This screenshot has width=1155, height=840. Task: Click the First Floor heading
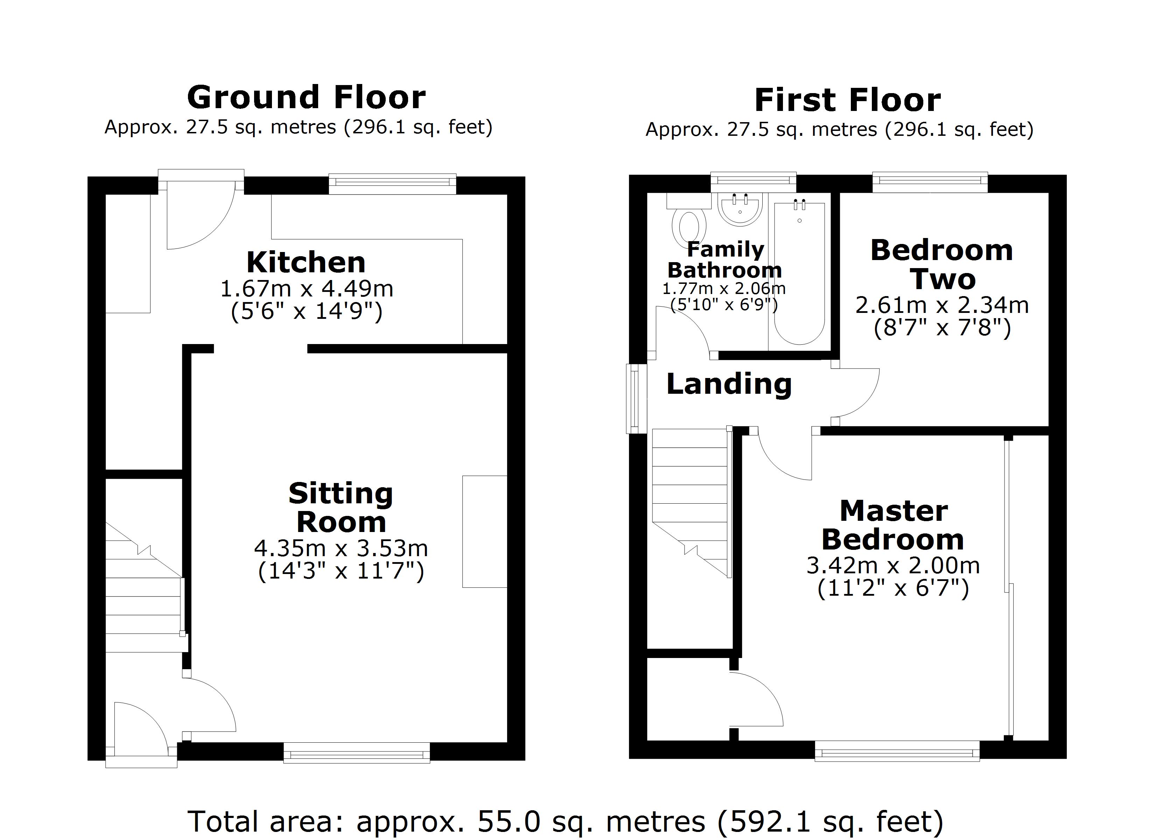tap(847, 100)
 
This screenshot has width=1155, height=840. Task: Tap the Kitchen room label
tap(306, 263)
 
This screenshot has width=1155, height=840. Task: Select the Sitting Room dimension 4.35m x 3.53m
tap(341, 548)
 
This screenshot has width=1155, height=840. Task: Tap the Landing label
tap(729, 384)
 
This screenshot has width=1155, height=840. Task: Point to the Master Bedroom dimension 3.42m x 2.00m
tap(893, 566)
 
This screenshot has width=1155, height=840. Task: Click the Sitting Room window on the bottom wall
tap(357, 752)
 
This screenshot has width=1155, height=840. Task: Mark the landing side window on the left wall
tap(635, 398)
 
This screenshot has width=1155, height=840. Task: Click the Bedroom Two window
tap(930, 182)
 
